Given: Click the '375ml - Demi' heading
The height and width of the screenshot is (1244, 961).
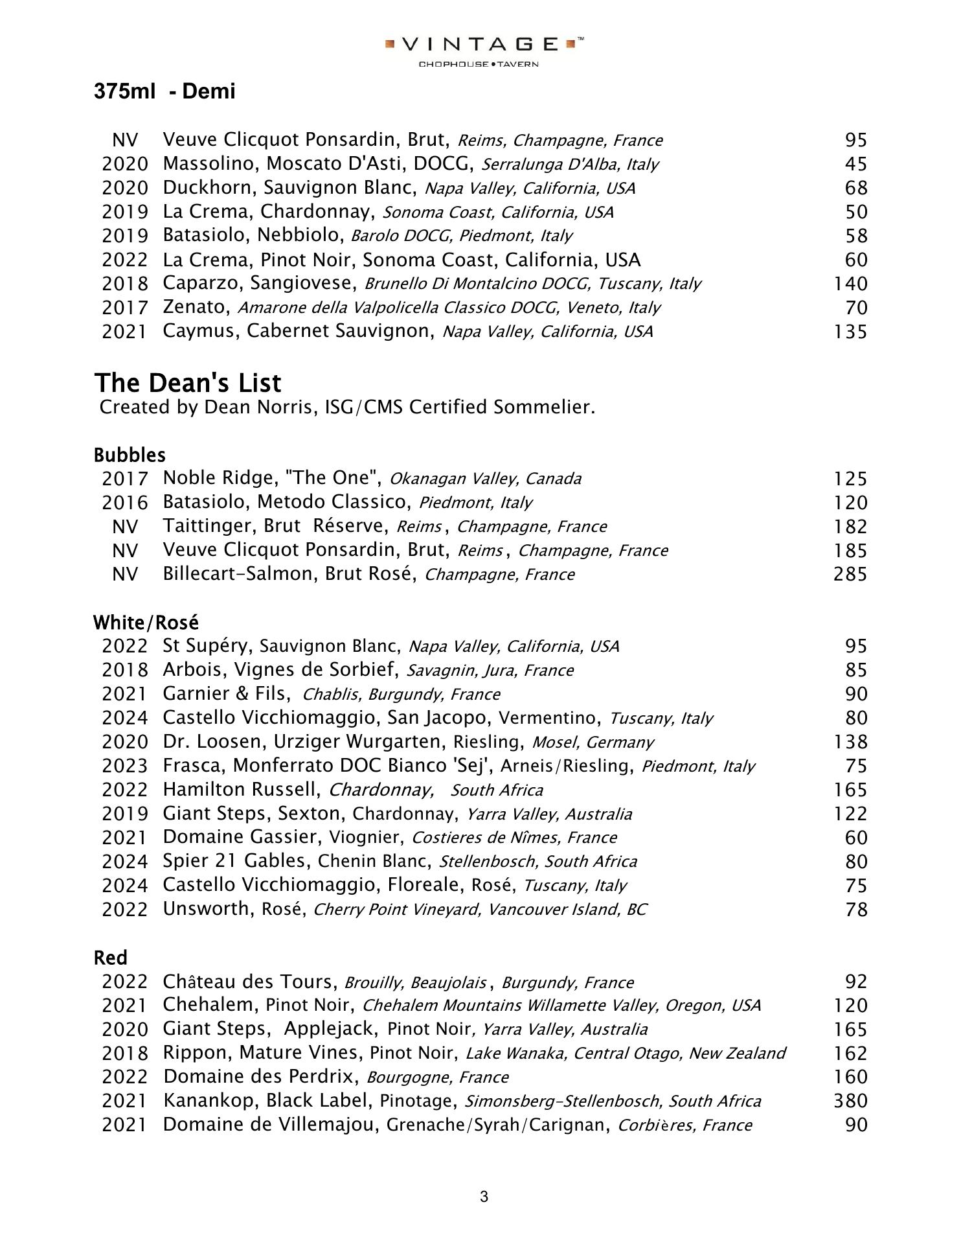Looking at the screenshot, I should point(164,91).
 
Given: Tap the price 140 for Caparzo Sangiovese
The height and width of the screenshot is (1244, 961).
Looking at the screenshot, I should point(850,284).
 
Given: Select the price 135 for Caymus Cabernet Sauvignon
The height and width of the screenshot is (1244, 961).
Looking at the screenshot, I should point(850,332).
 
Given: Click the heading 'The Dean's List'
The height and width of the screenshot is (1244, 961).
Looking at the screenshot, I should point(188,383).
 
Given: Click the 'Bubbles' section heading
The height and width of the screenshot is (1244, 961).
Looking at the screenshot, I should point(130,455).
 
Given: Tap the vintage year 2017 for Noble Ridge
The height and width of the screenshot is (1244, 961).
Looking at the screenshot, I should point(124,479).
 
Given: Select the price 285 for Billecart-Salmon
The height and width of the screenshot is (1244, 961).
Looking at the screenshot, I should point(850,574).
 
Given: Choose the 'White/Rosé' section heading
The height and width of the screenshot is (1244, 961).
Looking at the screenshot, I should point(146,623).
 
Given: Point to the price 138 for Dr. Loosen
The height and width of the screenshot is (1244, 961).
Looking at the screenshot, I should point(850,742).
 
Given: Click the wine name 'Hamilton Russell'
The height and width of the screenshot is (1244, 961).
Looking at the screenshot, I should point(242,790).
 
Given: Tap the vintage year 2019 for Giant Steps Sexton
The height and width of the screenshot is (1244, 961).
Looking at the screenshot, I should point(124,814).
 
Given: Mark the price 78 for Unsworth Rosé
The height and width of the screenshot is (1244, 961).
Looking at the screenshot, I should point(856,910).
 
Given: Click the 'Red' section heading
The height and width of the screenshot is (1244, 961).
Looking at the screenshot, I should point(110,958).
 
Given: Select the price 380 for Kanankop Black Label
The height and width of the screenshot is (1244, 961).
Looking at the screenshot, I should point(850,1101).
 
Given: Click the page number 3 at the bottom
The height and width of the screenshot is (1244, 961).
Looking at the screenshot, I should point(484,1197).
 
